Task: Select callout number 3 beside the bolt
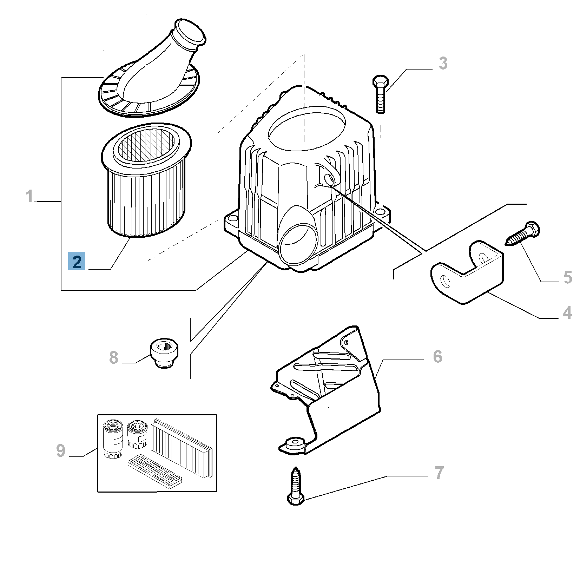click(443, 64)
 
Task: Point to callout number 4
click(567, 312)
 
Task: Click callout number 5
click(568, 277)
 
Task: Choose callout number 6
click(437, 356)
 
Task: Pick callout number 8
click(114, 358)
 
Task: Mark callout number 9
click(61, 450)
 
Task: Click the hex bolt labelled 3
click(380, 94)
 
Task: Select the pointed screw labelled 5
click(522, 232)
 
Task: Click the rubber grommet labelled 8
click(164, 354)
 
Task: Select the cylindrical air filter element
click(146, 179)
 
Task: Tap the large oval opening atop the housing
click(307, 125)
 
